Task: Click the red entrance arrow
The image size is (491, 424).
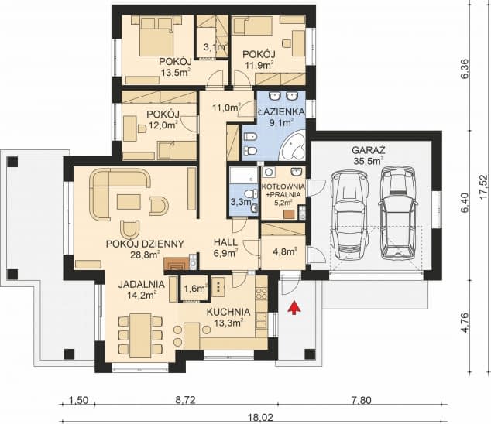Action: pyautogui.click(x=294, y=307)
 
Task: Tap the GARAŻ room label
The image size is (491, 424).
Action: pyautogui.click(x=369, y=150)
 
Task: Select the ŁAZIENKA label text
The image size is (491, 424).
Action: pyautogui.click(x=281, y=111)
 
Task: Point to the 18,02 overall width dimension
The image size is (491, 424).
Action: pyautogui.click(x=260, y=418)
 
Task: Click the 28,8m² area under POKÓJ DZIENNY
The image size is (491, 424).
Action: pyautogui.click(x=145, y=255)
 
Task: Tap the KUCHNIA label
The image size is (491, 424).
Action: pyautogui.click(x=228, y=312)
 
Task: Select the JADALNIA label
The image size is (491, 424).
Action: pyautogui.click(x=141, y=284)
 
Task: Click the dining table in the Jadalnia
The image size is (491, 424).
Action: pyautogui.click(x=141, y=335)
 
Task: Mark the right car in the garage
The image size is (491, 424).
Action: pyautogui.click(x=398, y=213)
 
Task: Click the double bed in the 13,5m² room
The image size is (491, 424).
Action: pyautogui.click(x=156, y=36)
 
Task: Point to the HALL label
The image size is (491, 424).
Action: pyautogui.click(x=225, y=242)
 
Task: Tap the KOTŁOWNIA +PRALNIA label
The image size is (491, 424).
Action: pyautogui.click(x=283, y=190)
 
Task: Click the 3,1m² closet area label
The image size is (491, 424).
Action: pyautogui.click(x=215, y=47)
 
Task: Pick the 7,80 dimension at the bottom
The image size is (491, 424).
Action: pyautogui.click(x=362, y=400)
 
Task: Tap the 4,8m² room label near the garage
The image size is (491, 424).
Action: pyautogui.click(x=285, y=251)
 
